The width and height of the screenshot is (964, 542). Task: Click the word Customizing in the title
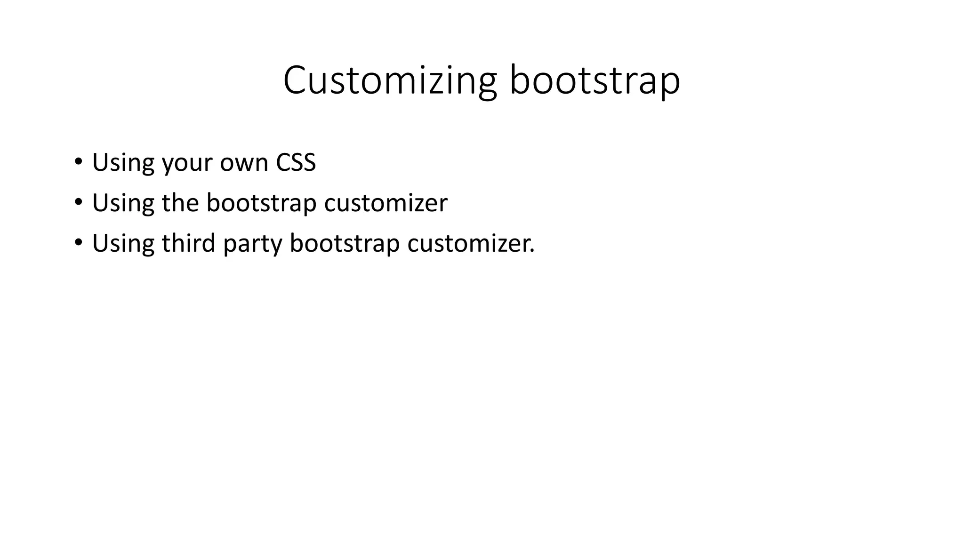(390, 81)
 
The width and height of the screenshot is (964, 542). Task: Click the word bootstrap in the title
(595, 81)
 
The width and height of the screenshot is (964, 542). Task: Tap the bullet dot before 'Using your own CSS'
(78, 162)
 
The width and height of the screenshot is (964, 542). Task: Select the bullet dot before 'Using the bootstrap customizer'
(78, 203)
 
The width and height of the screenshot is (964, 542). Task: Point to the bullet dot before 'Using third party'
(78, 243)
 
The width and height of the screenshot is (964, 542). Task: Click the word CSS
(296, 162)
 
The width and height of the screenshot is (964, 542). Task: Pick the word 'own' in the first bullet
(244, 163)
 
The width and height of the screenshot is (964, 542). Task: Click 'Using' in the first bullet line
(123, 163)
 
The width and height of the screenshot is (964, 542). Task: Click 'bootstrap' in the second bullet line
(261, 204)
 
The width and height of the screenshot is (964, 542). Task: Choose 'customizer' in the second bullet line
(386, 203)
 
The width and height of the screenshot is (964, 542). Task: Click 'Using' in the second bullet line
(123, 204)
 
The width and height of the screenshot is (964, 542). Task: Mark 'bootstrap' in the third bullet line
(345, 244)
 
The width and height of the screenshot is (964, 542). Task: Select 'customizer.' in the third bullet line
(471, 243)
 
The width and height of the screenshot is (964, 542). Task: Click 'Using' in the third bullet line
(123, 244)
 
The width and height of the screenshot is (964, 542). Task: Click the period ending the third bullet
(532, 251)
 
